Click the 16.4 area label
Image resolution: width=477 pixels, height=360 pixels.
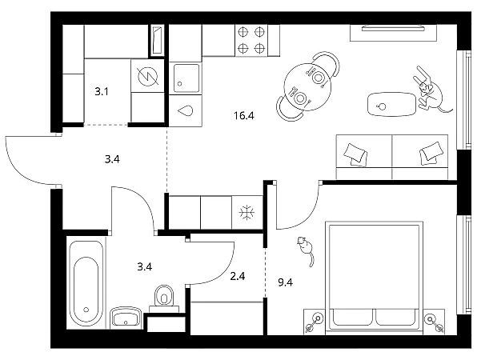(244, 116)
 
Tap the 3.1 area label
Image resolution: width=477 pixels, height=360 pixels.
(102, 91)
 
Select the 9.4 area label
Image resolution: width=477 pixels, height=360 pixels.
(286, 282)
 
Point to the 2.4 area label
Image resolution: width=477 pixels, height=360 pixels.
(238, 276)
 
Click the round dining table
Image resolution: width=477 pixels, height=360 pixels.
(307, 87)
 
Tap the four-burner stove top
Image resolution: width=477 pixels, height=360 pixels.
(251, 40)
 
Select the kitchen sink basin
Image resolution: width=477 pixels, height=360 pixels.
(186, 78)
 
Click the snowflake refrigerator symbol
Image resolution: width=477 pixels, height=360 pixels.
(247, 212)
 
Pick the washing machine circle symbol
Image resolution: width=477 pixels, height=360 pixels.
(148, 76)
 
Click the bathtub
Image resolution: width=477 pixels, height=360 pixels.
(86, 283)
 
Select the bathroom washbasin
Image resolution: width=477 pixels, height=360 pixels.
(126, 318)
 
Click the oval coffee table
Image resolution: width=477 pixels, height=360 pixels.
(391, 104)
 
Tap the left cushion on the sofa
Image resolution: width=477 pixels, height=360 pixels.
(355, 154)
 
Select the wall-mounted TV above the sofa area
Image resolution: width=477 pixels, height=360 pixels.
(393, 29)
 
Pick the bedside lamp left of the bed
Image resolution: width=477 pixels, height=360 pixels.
(315, 322)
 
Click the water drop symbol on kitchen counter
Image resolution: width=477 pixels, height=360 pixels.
(185, 110)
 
